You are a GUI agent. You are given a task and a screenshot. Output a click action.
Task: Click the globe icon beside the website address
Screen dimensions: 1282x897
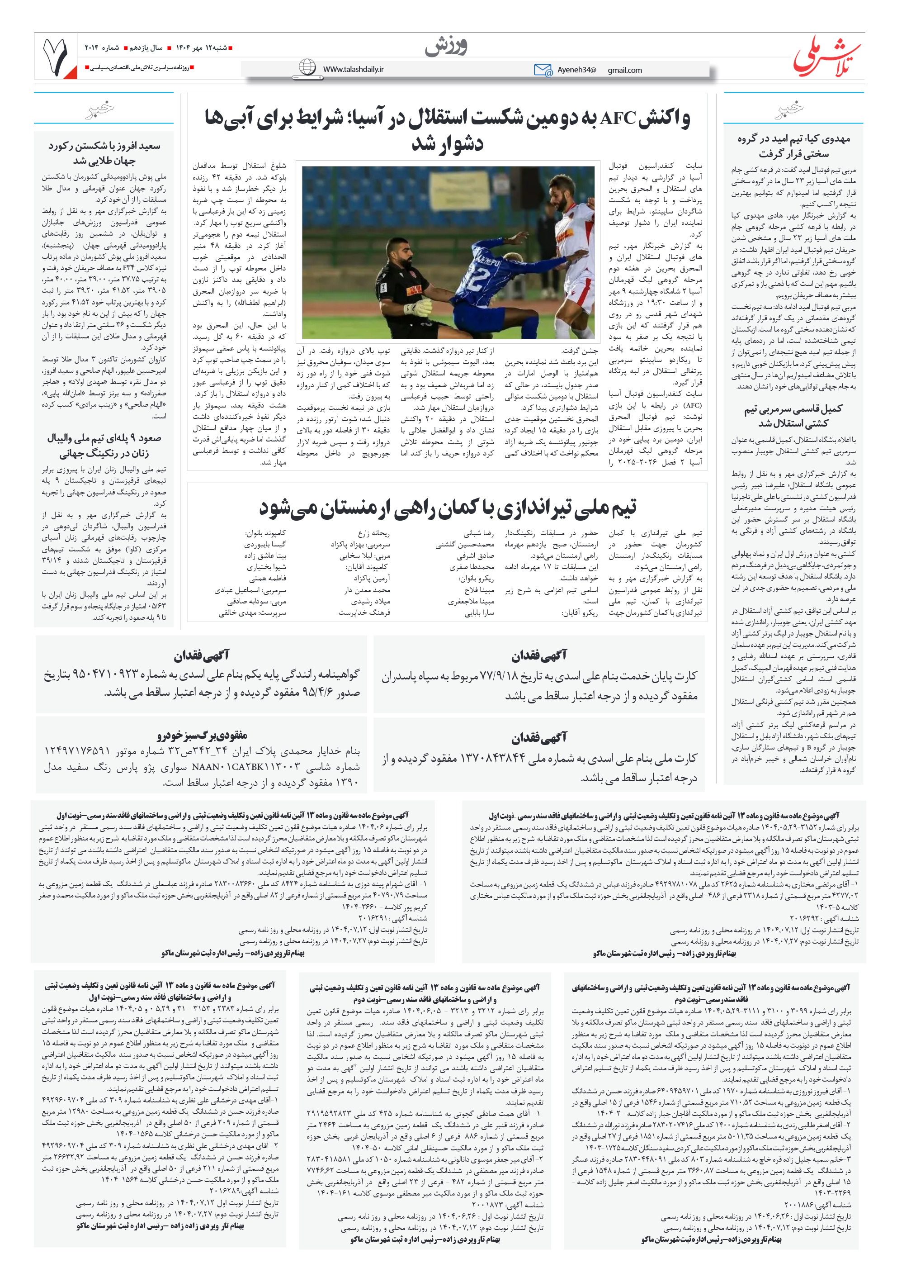click(307, 67)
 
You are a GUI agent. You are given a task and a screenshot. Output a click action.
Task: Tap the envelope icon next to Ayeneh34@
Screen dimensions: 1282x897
click(542, 70)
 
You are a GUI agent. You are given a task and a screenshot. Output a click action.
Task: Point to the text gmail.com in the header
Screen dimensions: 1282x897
click(625, 71)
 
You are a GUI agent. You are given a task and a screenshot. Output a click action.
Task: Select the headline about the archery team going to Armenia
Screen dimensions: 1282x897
click(447, 507)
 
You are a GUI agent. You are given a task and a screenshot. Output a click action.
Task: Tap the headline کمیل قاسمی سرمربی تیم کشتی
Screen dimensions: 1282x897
click(793, 415)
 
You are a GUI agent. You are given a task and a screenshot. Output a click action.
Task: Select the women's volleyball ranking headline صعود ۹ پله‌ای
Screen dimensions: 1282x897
click(104, 445)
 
